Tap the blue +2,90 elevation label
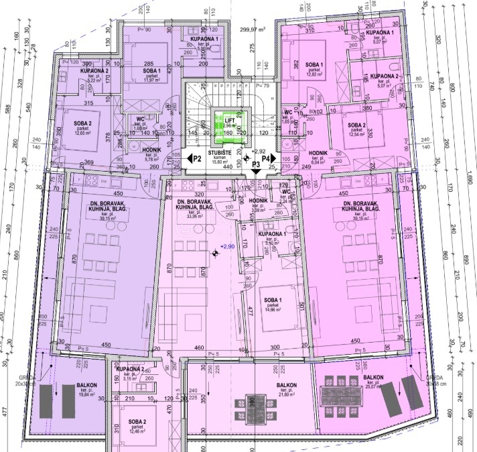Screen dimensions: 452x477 pos(228,247)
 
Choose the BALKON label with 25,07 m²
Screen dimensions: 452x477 pos(374,378)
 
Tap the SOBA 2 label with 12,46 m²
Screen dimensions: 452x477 pos(137,422)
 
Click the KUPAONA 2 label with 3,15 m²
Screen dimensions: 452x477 pos(130,370)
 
